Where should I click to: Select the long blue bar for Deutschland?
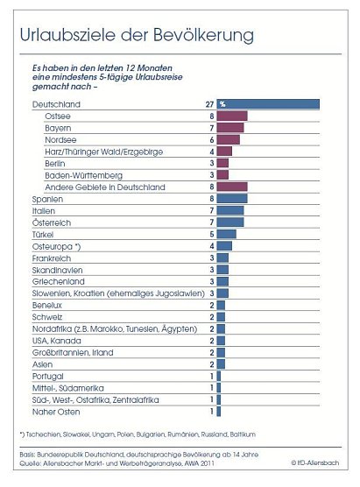[x=267, y=103]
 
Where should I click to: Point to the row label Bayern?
[x=57, y=127]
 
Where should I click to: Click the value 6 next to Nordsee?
[x=211, y=139]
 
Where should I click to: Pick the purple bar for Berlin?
[x=222, y=163]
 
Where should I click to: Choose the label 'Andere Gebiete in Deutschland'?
[x=104, y=187]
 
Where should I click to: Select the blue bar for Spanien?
[x=232, y=199]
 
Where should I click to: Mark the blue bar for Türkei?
[x=226, y=234]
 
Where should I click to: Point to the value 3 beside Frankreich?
[x=211, y=258]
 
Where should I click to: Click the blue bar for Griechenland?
[x=222, y=282]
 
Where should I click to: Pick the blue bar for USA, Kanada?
[x=221, y=341]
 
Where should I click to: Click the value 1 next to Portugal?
[x=211, y=376]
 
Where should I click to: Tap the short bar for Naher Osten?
[x=218, y=411]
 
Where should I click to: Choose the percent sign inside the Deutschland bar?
[x=222, y=103]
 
